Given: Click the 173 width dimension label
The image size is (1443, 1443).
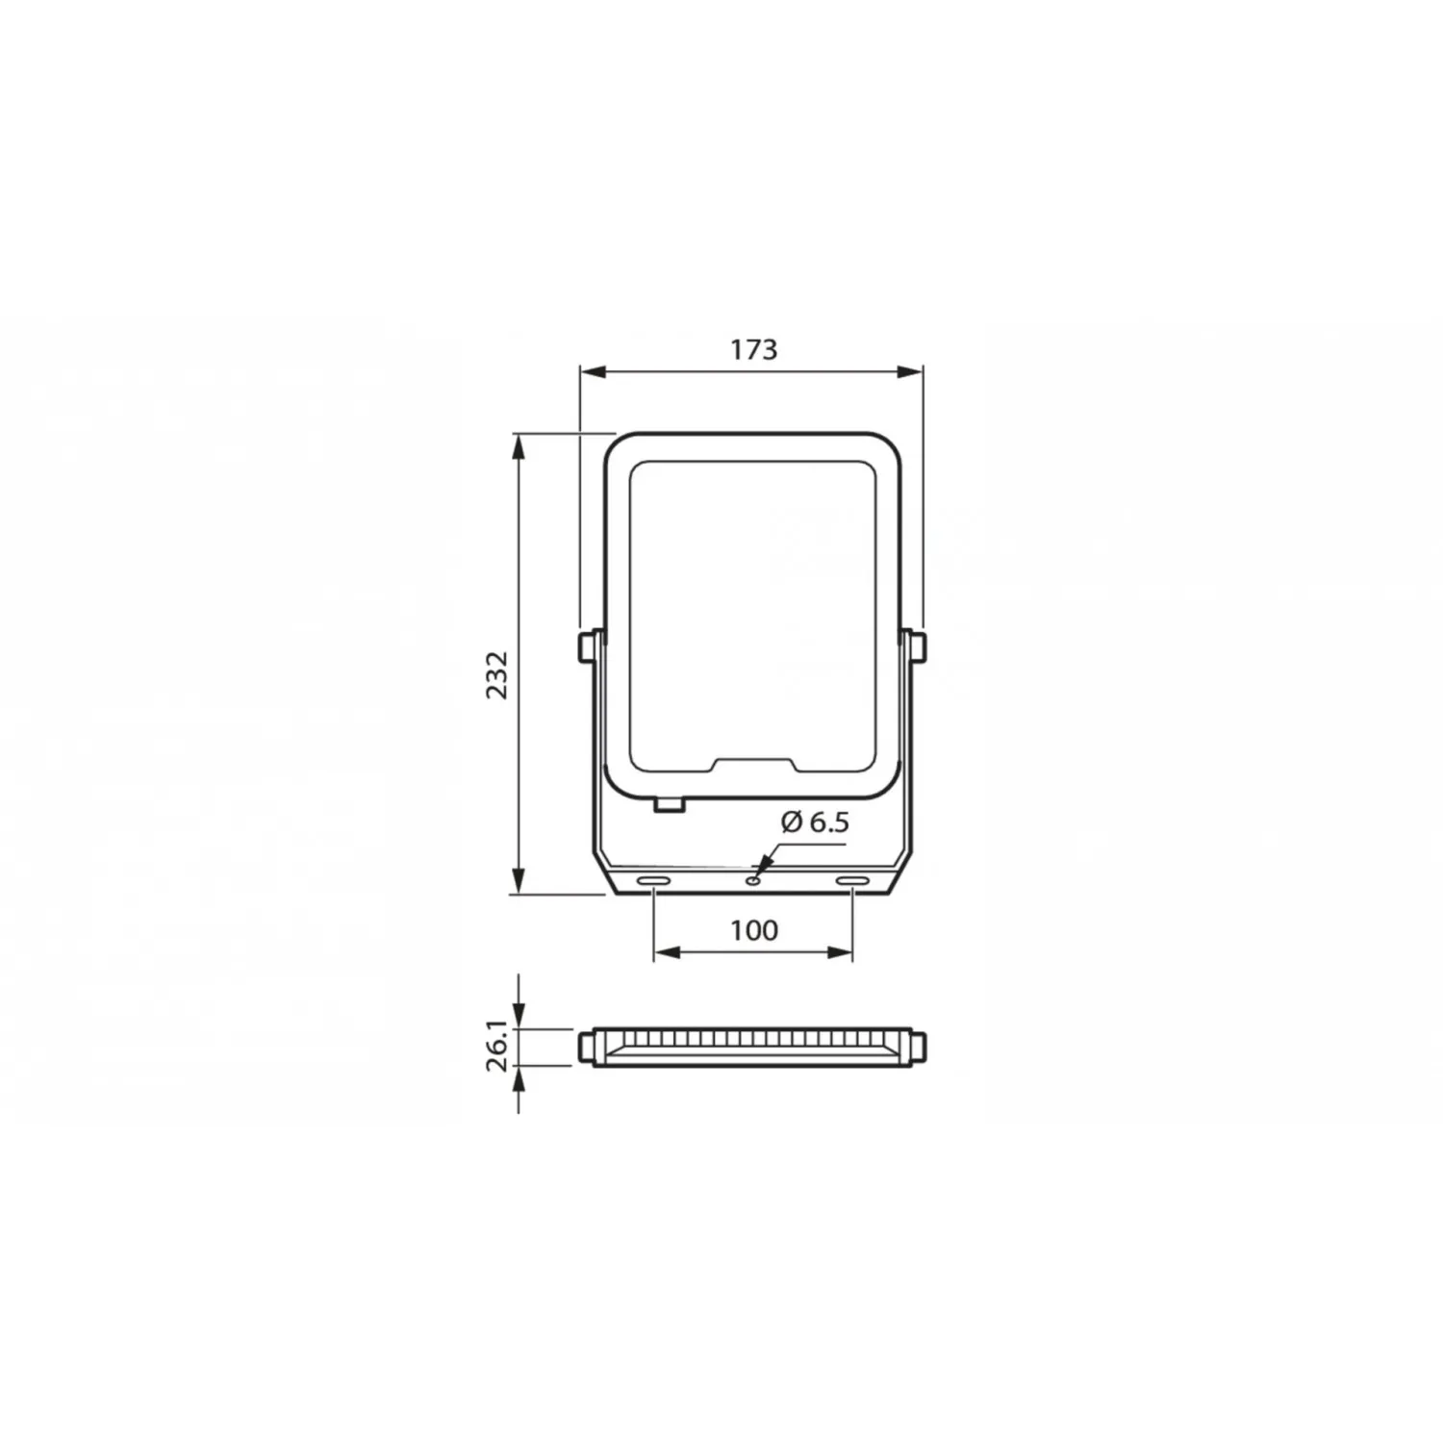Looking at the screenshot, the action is point(753,349).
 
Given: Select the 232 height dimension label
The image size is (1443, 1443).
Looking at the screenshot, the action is point(496,674).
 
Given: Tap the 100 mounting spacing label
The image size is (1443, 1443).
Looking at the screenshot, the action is point(754,930).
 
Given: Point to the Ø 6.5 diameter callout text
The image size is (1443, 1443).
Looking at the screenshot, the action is point(815,822).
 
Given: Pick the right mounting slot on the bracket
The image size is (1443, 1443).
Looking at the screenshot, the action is point(851,881).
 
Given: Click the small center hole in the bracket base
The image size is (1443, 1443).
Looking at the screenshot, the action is point(753,877).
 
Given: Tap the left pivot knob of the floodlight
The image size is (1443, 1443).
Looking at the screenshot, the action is point(586,646).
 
